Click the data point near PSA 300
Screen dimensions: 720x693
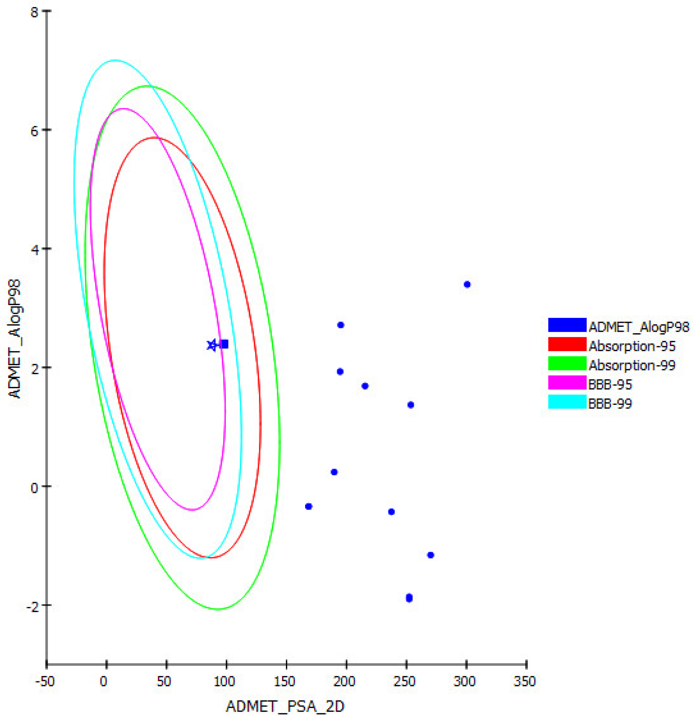click(467, 284)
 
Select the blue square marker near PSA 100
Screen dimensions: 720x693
click(225, 344)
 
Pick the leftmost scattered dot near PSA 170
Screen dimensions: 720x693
click(309, 506)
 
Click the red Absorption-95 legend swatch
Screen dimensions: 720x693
click(567, 344)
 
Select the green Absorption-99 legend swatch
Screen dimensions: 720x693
click(567, 363)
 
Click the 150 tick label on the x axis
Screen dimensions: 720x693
click(285, 681)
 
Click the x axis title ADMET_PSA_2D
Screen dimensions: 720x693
click(285, 706)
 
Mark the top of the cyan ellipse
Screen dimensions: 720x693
click(115, 60)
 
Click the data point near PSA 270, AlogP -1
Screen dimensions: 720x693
click(431, 555)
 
